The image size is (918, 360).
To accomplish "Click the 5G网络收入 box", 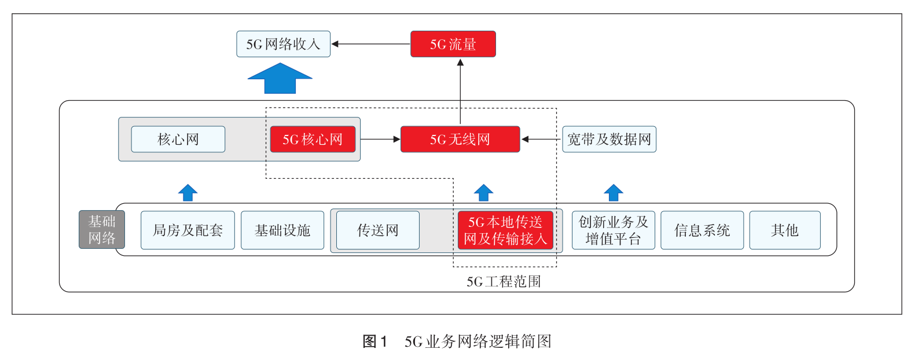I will pos(283,44).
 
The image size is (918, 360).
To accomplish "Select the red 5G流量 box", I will pos(453,44).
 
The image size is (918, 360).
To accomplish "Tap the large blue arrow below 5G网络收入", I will pos(280,79).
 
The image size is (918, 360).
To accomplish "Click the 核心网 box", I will pos(178,139).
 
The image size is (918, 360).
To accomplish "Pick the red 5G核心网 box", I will pos(313,139).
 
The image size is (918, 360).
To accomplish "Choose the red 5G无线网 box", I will pos(460,139).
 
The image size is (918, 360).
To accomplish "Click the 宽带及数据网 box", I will pos(609,139).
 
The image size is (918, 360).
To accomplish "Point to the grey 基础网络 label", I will pos(102,230).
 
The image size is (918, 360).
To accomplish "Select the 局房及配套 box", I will pos(188,230).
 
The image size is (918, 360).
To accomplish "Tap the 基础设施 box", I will pos(282,230).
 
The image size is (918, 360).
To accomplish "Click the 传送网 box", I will pos(377,230).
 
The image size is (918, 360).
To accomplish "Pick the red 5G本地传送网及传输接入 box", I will pos(505,230).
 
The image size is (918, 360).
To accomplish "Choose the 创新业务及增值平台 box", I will pos(613,230).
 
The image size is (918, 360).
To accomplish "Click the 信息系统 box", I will pos(702,230).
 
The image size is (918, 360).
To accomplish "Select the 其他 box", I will pos(784,230).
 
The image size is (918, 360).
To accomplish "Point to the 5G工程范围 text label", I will pos(504,282).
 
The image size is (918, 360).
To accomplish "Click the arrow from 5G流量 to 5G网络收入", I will pos(370,44).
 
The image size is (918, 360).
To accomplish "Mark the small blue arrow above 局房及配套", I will pos(188,193).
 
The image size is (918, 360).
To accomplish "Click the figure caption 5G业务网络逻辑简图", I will pos(457,341).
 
